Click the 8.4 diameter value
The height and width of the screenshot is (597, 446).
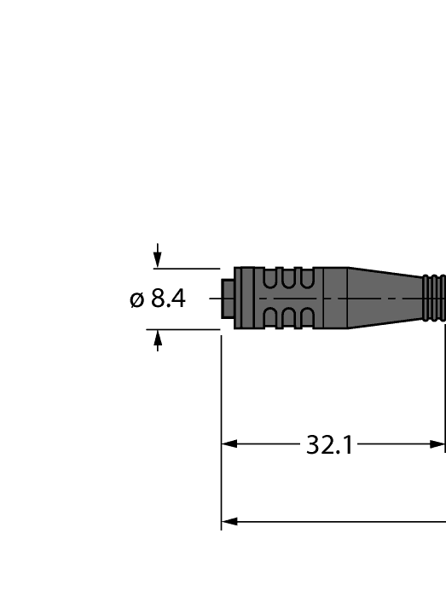(x=168, y=299)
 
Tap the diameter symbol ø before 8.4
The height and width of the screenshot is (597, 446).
(x=136, y=300)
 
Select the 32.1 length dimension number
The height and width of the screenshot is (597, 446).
(x=329, y=445)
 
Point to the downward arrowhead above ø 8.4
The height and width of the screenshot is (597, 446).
(x=157, y=261)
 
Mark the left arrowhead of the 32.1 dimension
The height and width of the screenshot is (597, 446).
(x=229, y=444)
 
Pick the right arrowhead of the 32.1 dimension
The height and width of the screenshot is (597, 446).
(x=438, y=444)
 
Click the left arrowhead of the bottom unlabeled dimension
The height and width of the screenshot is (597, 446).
(x=229, y=520)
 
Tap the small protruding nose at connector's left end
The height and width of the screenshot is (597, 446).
(x=227, y=298)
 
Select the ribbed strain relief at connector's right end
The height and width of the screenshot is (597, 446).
(x=435, y=298)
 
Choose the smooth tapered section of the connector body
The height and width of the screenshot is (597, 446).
(x=384, y=298)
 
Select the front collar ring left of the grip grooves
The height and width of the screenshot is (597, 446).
(x=245, y=298)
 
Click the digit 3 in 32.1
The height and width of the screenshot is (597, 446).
(x=313, y=445)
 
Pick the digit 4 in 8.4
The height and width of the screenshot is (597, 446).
(x=178, y=299)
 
